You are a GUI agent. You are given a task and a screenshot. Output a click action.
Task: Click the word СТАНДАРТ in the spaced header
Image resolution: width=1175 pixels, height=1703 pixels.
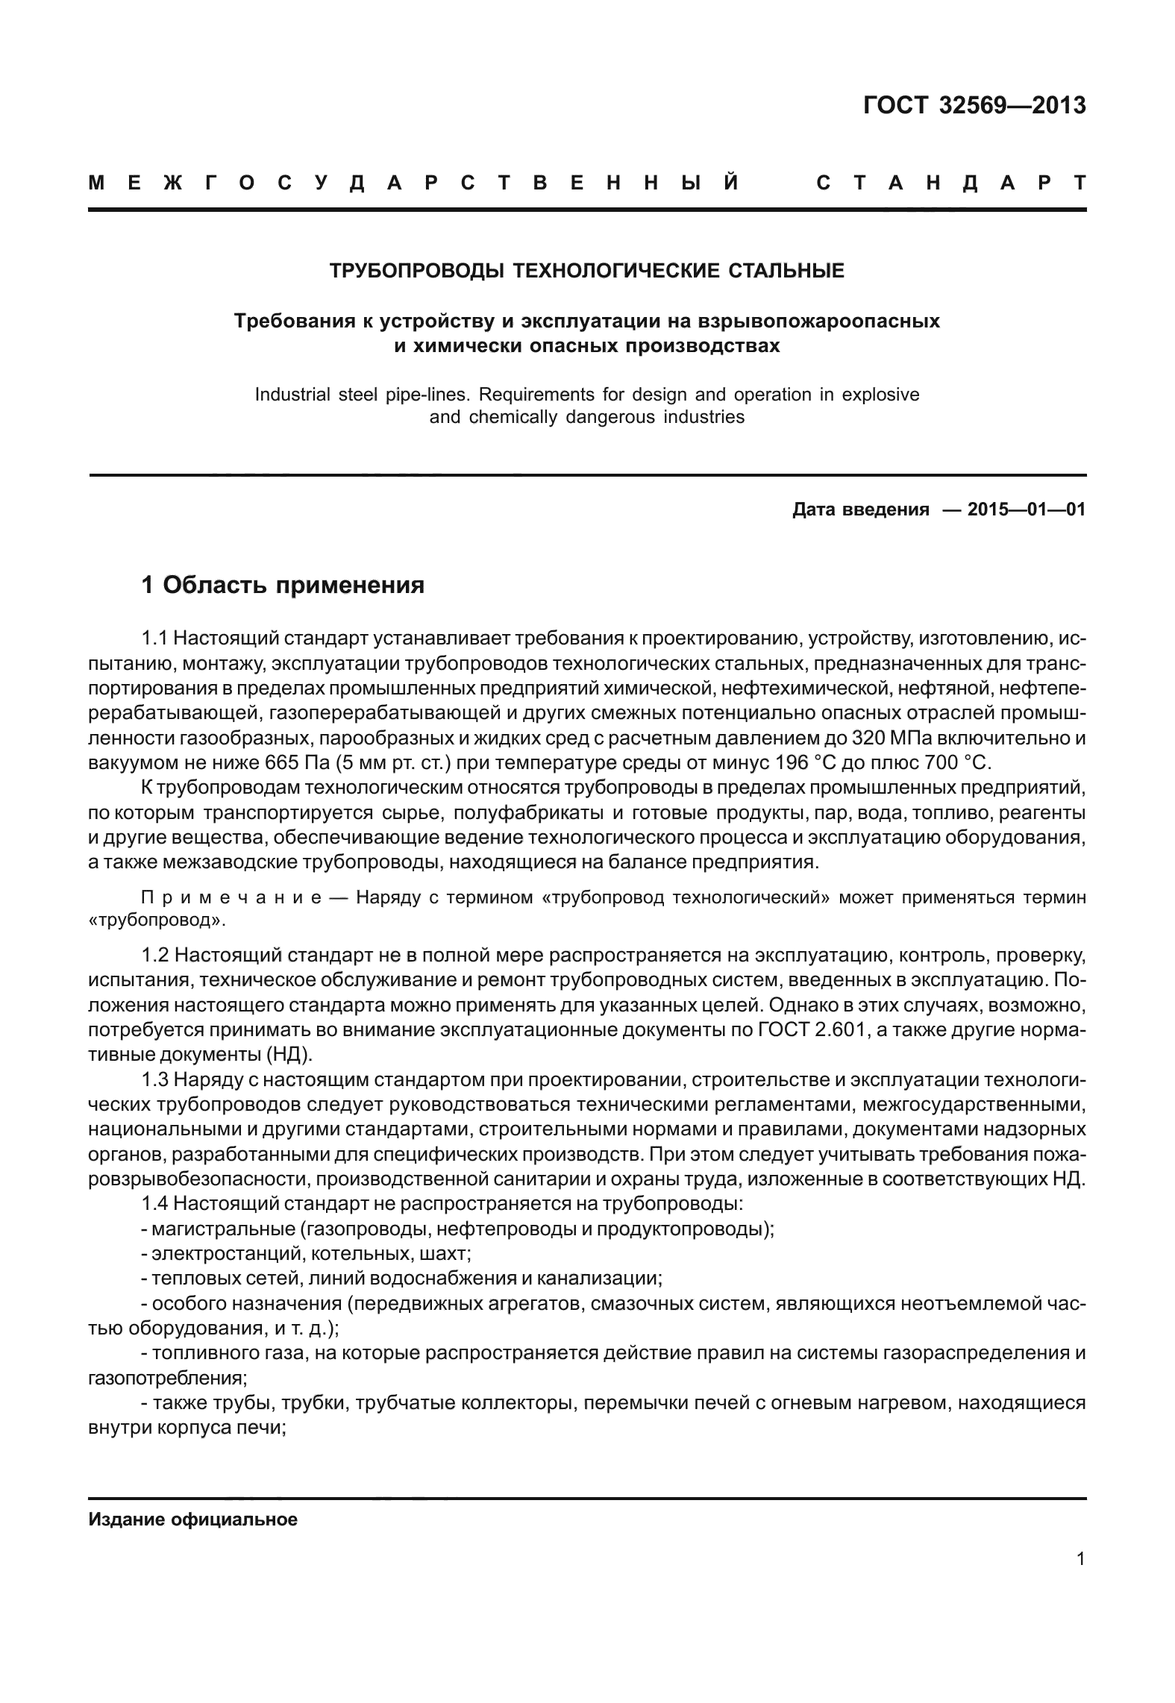click(x=950, y=184)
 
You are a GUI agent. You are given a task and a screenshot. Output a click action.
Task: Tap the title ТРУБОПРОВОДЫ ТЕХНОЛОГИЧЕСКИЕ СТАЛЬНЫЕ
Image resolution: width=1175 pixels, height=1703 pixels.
click(x=587, y=271)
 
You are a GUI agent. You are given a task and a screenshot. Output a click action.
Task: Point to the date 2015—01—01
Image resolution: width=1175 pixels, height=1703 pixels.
click(x=1026, y=510)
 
